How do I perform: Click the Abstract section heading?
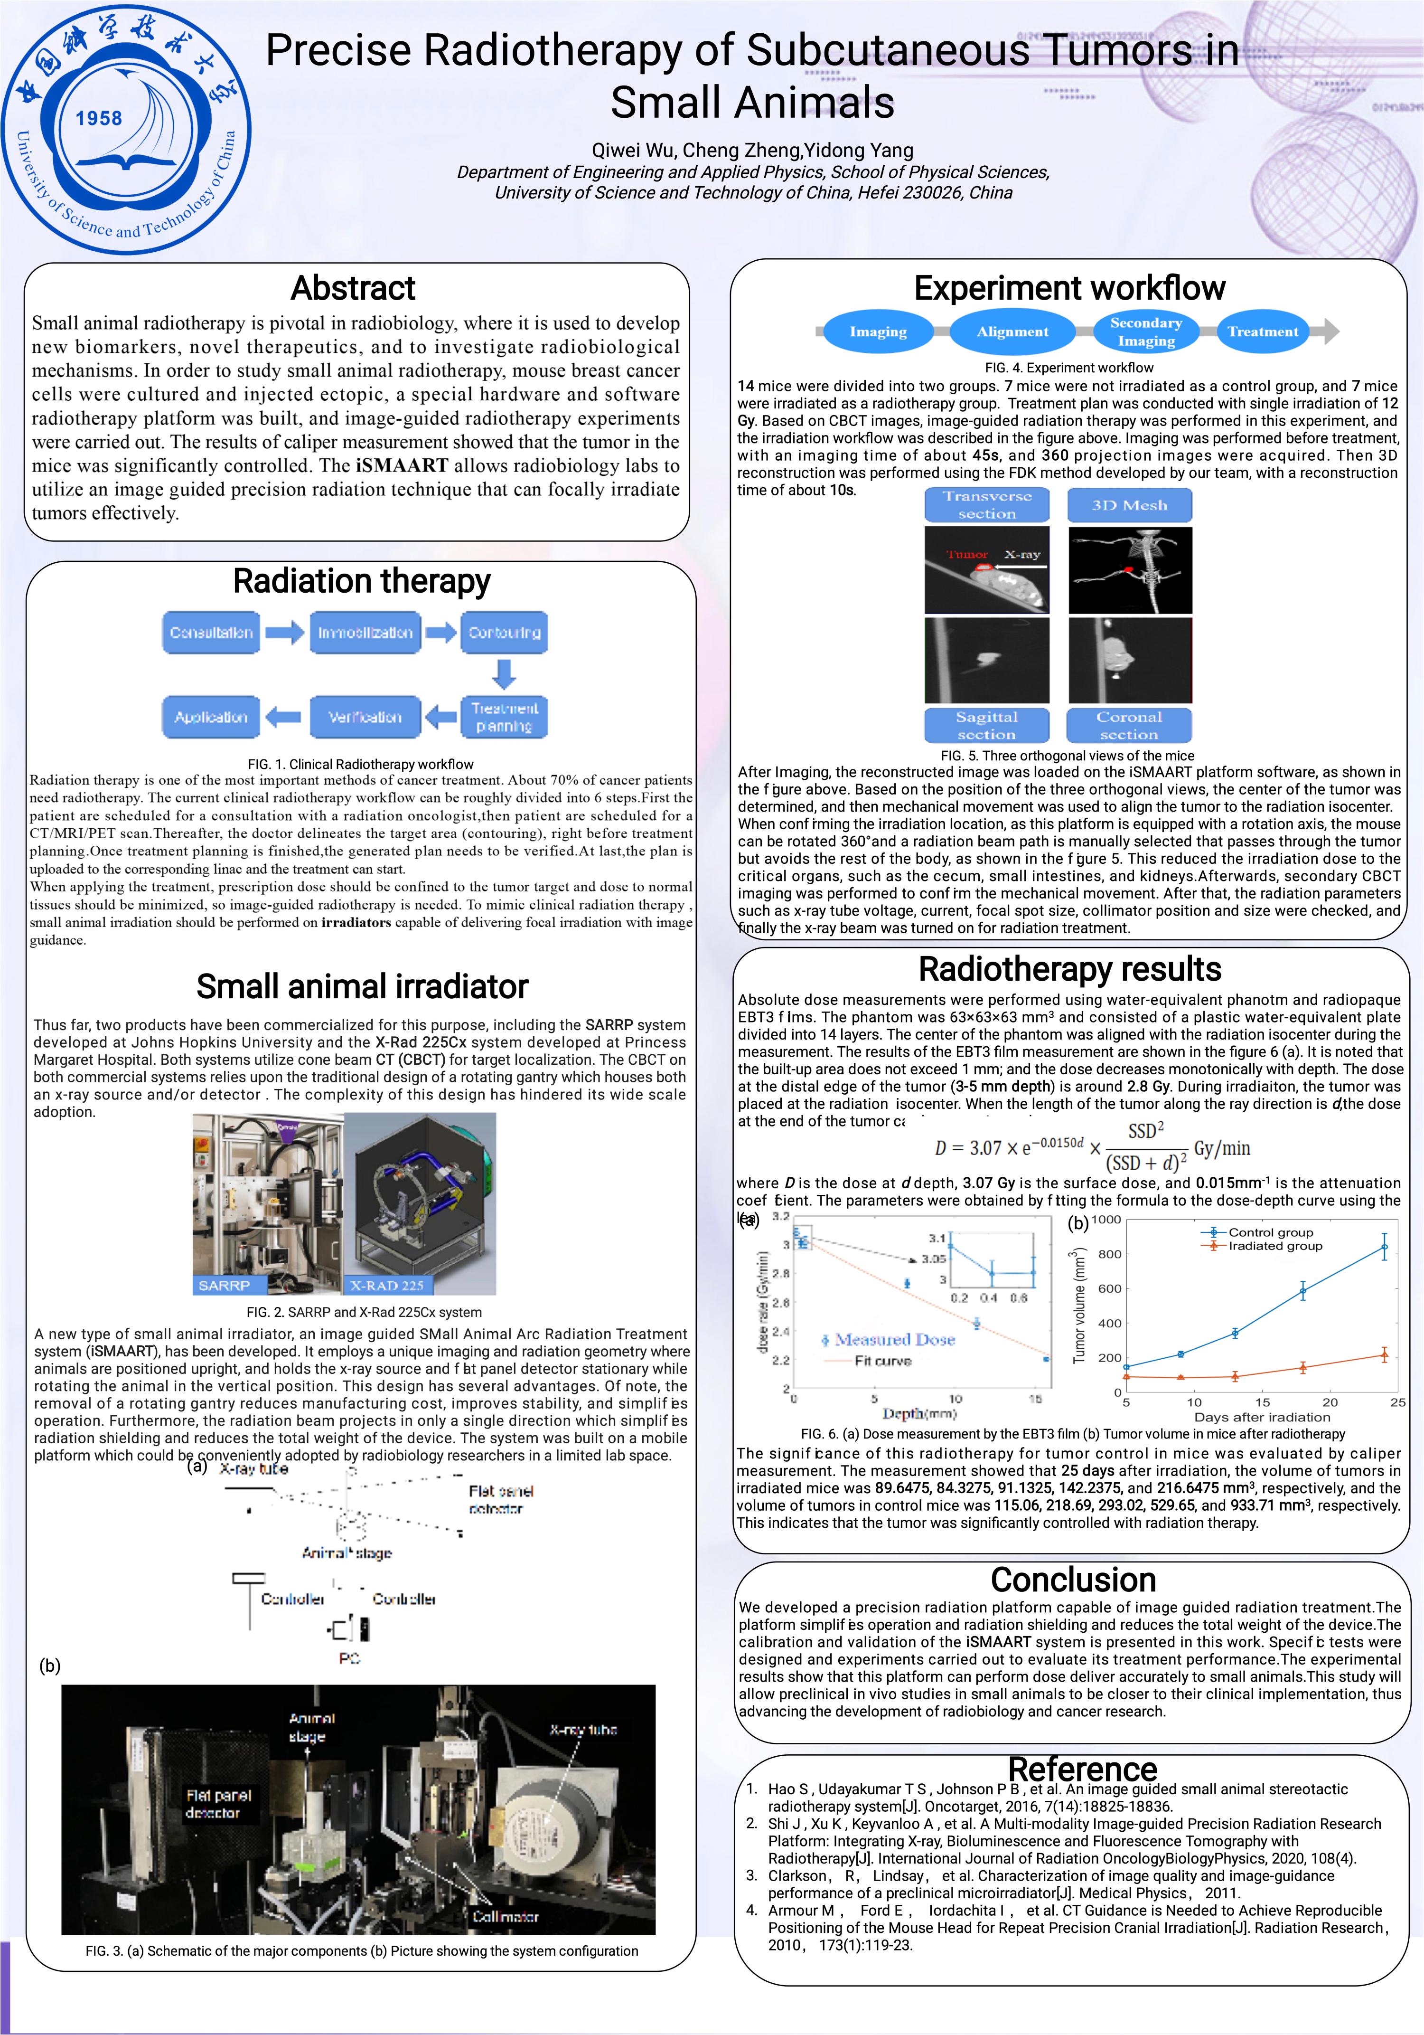pyautogui.click(x=353, y=288)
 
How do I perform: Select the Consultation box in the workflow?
pyautogui.click(x=211, y=633)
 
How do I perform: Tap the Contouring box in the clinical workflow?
pyautogui.click(x=504, y=633)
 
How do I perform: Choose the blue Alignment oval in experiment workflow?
pyautogui.click(x=1012, y=331)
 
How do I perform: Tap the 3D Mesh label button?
pyautogui.click(x=1129, y=505)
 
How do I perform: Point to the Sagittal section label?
pyautogui.click(x=986, y=725)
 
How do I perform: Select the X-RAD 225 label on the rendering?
pyautogui.click(x=387, y=1285)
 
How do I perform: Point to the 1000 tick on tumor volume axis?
pyautogui.click(x=1106, y=1220)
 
